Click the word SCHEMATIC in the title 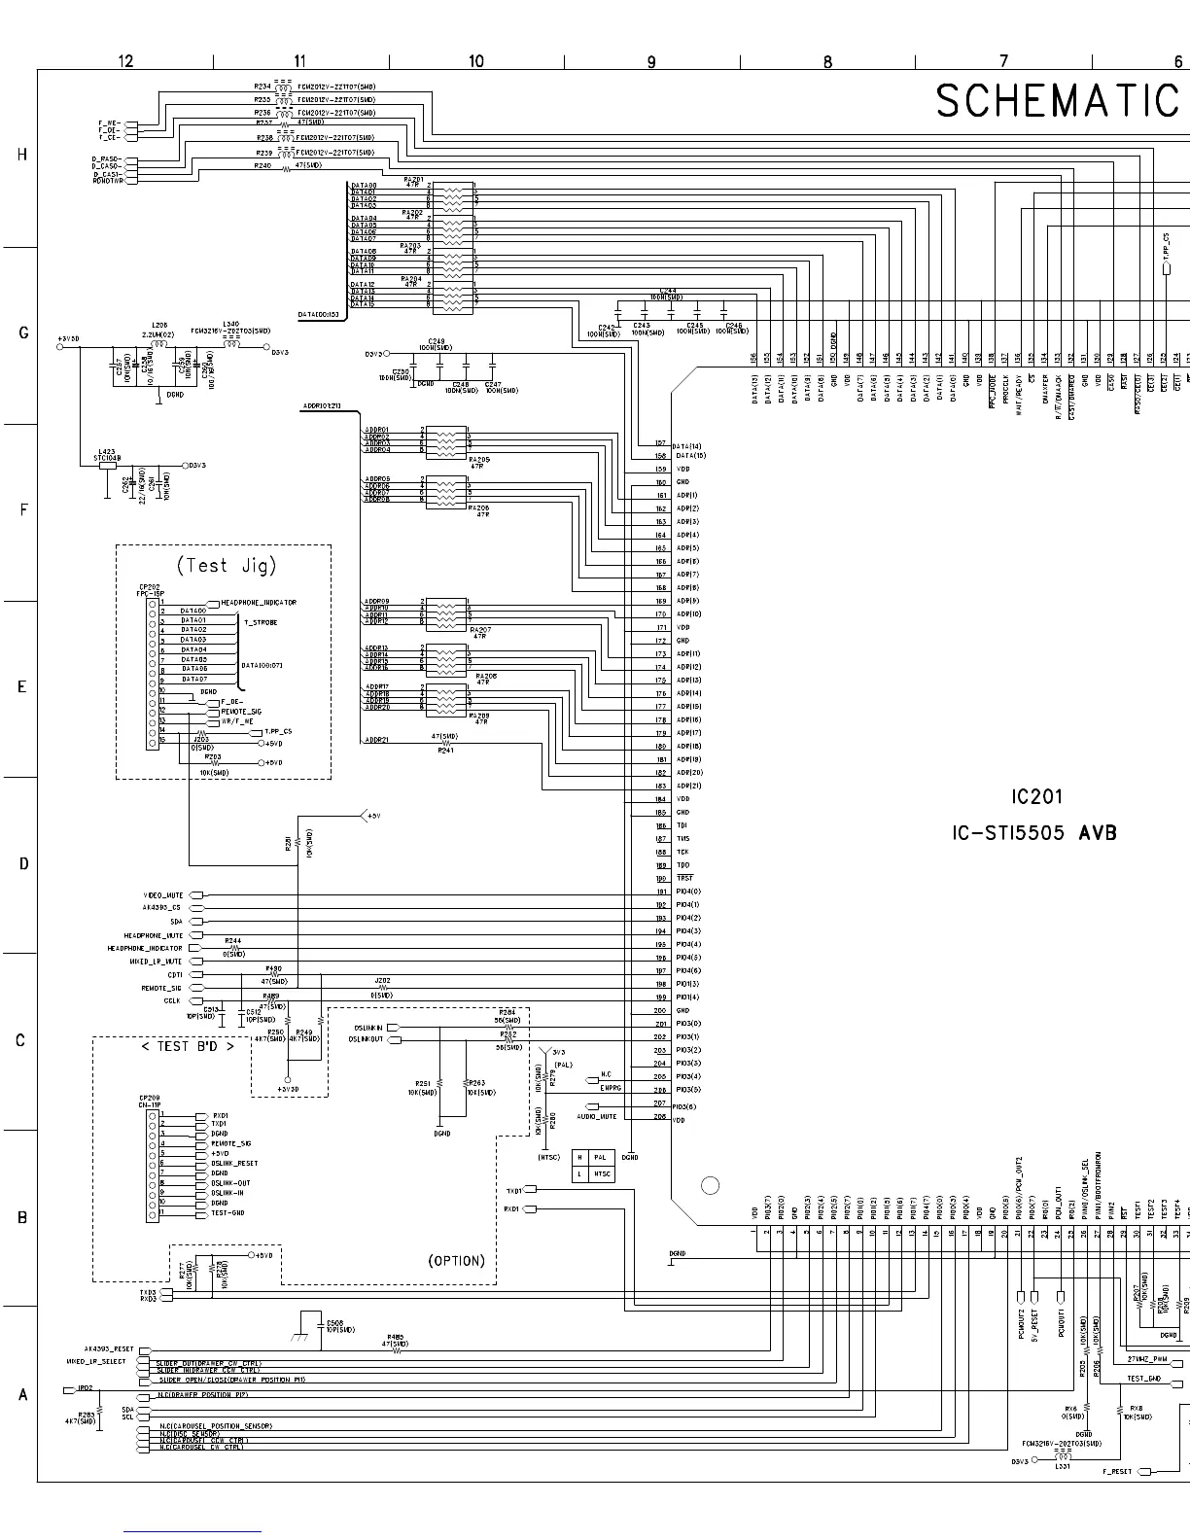[x=1058, y=101]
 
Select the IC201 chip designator [x=1036, y=797]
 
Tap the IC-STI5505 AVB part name [x=1034, y=833]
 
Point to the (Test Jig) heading [x=227, y=565]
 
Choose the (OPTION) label [x=456, y=1261]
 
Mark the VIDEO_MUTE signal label [x=163, y=895]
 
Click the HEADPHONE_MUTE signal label [x=154, y=935]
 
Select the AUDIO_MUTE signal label [x=597, y=1117]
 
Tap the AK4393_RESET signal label [x=108, y=1350]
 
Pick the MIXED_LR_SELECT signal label [x=96, y=1362]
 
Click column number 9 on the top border [x=651, y=61]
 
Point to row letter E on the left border [x=21, y=686]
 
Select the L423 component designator [x=105, y=452]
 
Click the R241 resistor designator [x=445, y=751]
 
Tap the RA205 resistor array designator [x=477, y=460]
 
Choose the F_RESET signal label [x=1116, y=1472]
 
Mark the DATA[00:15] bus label [x=319, y=314]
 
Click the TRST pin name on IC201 [x=684, y=878]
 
